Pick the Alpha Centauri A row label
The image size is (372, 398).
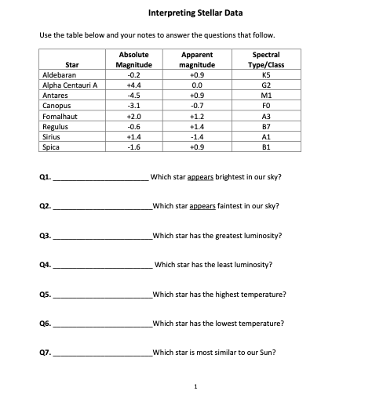65,84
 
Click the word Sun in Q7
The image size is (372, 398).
267,353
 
